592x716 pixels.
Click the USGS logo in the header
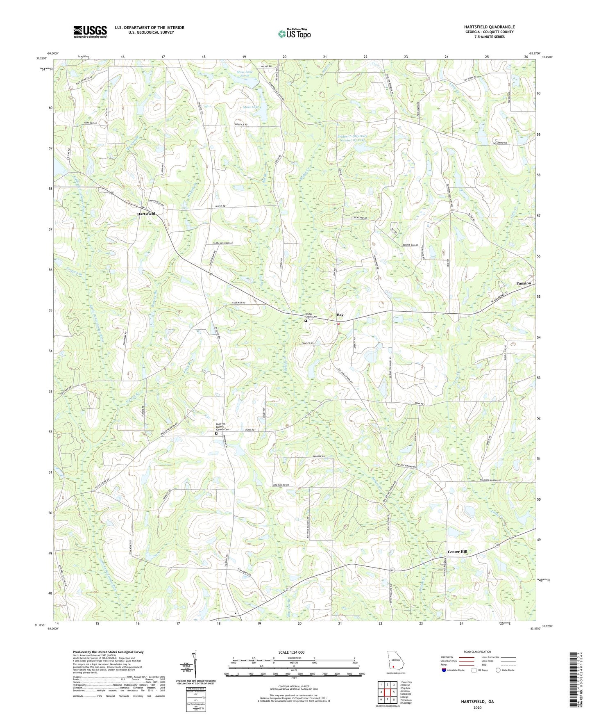90,32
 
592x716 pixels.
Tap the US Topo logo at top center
294,34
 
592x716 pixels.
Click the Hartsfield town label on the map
146,214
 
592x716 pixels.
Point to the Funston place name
523,283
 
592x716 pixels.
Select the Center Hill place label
457,552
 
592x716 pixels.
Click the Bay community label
340,315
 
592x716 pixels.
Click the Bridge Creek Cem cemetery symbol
306,321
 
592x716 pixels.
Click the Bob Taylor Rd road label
281,485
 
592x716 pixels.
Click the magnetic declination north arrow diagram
195,666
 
